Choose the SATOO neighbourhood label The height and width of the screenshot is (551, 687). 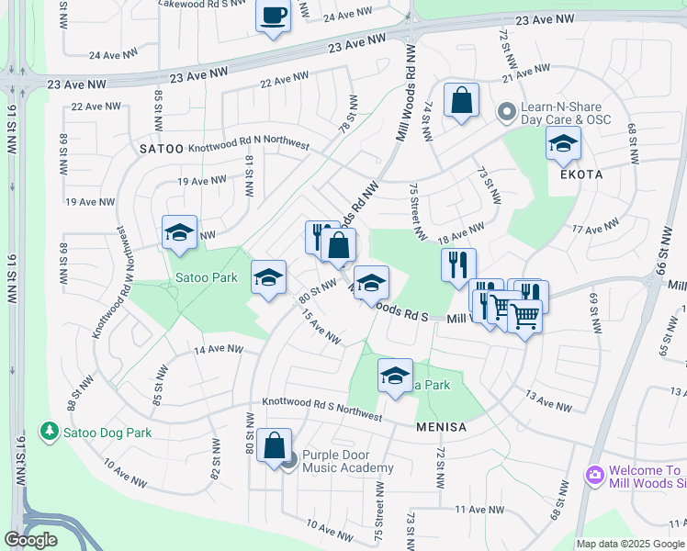coord(163,148)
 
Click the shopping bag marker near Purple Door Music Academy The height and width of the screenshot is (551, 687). coord(274,446)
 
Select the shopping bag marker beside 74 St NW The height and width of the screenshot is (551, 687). coord(461,100)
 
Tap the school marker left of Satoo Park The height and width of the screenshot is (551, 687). coord(180,233)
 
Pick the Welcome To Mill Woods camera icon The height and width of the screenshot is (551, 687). coord(594,475)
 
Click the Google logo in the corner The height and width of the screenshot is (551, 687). coord(30,540)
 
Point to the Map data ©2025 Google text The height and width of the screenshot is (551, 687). coord(631,544)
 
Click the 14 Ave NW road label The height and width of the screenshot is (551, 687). coord(218,349)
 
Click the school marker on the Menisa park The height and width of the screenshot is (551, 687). coord(395,377)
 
